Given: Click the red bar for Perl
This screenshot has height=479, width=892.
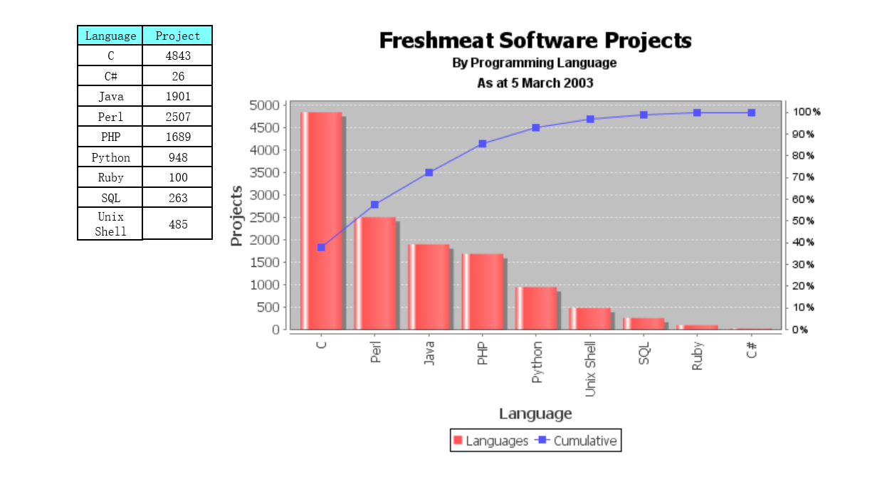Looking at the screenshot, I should click(x=374, y=273).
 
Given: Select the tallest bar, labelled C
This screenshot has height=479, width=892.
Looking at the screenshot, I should click(x=321, y=221).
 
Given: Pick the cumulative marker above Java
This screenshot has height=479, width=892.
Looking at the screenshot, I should click(x=429, y=172).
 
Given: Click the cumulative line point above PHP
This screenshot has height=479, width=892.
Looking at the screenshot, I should click(x=483, y=144).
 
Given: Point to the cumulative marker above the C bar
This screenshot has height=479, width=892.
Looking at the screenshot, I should click(x=321, y=247).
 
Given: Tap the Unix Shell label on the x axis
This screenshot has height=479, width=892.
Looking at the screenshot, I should click(x=590, y=368).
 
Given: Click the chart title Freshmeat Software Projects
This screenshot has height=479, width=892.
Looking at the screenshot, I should click(x=535, y=41).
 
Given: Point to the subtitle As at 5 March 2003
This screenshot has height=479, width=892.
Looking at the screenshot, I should click(x=535, y=83).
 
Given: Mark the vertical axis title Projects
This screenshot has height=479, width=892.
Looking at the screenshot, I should click(x=237, y=216).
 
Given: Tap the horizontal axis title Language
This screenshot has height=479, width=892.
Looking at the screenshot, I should click(x=535, y=414).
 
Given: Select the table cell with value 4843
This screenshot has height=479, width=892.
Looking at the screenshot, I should click(x=177, y=56).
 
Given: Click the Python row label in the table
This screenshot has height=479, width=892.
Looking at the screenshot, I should click(x=110, y=157).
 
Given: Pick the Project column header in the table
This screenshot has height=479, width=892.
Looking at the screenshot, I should click(x=177, y=36).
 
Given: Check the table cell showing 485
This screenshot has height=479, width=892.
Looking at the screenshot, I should click(x=177, y=224).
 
